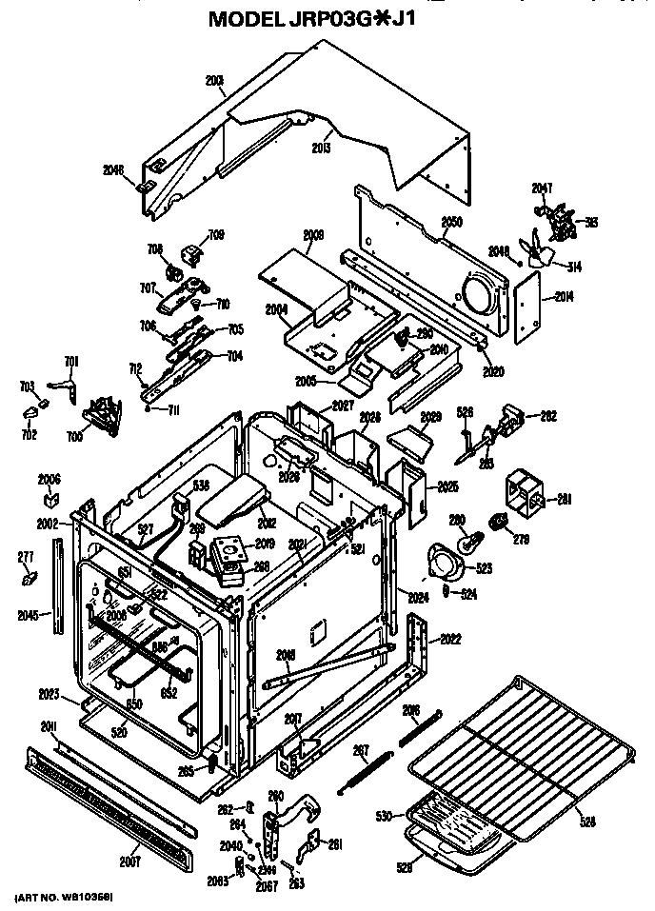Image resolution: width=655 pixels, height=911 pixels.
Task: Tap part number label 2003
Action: [214, 80]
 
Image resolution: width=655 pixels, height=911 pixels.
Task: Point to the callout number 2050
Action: [451, 222]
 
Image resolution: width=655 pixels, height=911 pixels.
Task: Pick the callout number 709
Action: [216, 234]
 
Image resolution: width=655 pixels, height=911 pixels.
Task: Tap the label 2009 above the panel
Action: [314, 234]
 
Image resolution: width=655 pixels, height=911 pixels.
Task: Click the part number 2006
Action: [50, 479]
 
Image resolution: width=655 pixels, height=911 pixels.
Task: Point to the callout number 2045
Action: [29, 615]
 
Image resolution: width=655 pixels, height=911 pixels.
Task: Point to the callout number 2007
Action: [130, 862]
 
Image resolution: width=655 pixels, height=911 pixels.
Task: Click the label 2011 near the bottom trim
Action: [50, 727]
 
